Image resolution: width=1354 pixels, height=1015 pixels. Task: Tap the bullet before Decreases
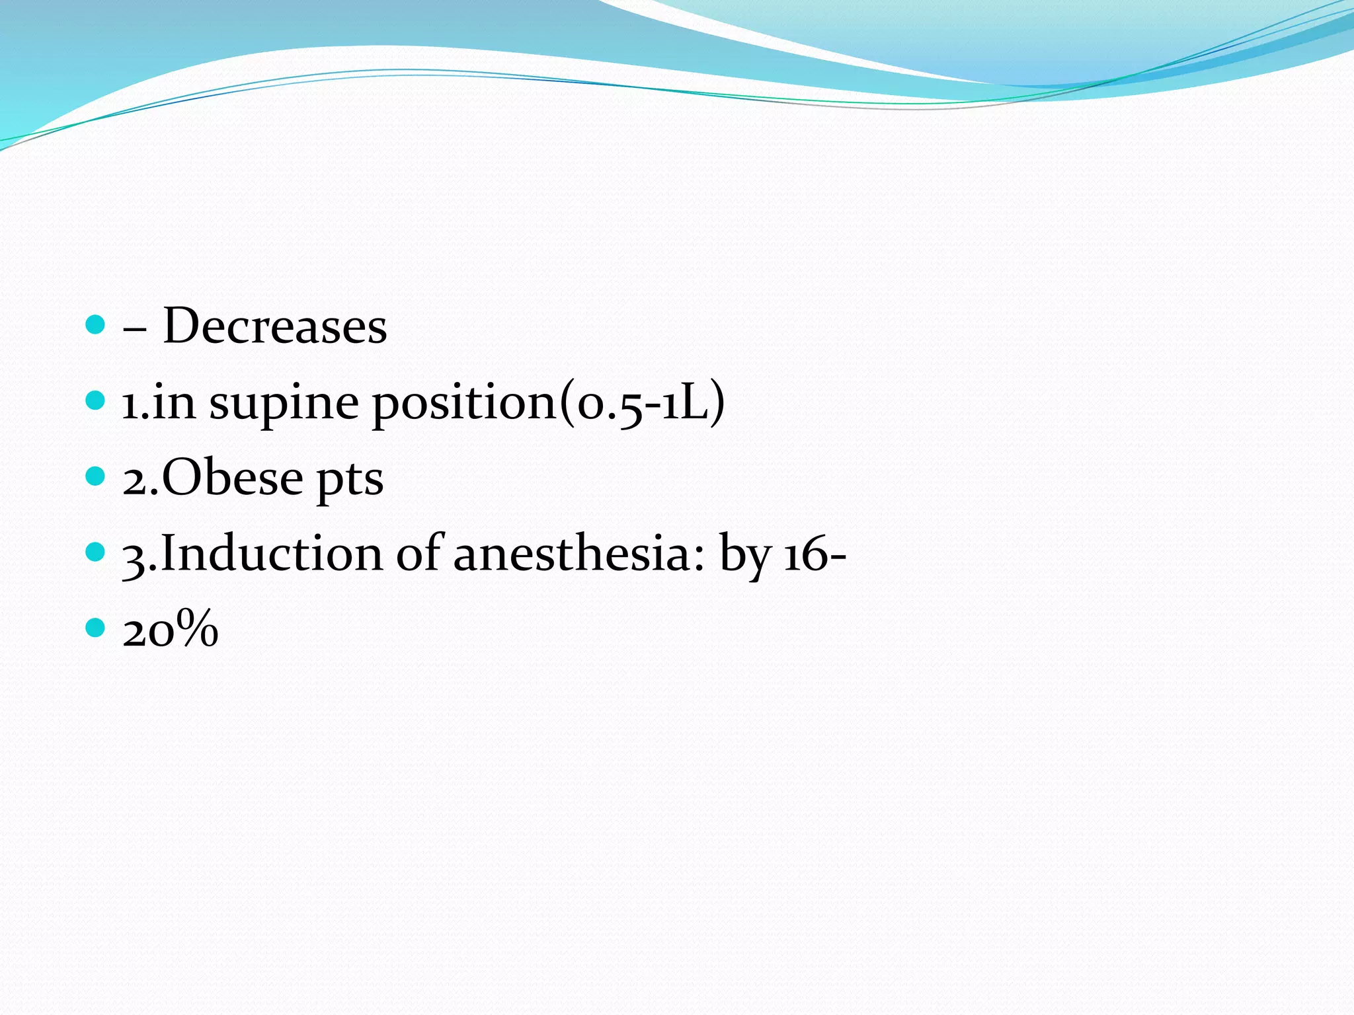(96, 324)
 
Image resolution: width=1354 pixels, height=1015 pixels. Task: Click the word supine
(284, 404)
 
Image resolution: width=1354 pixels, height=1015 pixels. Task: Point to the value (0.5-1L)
(642, 403)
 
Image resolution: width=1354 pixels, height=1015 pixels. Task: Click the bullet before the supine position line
(96, 400)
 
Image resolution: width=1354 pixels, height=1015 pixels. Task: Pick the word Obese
(232, 478)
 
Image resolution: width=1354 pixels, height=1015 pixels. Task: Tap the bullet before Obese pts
(96, 476)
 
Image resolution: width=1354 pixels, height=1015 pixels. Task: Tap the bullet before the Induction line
(96, 552)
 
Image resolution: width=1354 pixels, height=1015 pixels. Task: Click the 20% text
(171, 630)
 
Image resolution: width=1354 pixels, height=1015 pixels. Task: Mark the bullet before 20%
(96, 628)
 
